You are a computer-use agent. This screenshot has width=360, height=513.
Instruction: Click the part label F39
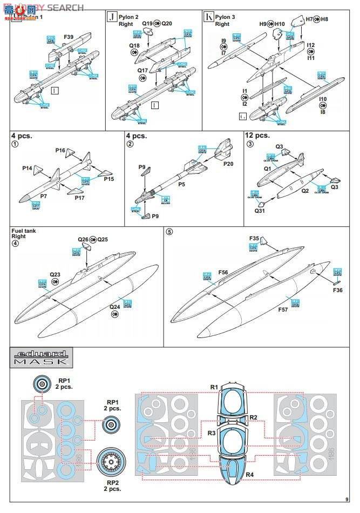69,37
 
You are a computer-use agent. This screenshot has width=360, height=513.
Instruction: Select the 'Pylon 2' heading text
130,17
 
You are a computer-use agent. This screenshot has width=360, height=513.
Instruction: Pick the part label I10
323,99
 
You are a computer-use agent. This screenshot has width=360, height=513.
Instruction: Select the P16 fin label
60,150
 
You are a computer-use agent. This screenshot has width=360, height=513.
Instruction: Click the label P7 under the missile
44,196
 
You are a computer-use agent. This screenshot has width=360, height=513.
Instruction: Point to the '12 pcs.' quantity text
257,136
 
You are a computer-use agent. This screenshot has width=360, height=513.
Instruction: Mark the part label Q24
115,307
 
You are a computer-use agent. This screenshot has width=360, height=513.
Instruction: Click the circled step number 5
169,232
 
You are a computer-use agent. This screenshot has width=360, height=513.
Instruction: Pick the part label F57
283,310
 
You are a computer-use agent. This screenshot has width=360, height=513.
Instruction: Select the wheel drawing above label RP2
112,460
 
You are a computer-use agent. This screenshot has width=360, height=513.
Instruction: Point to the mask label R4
250,474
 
